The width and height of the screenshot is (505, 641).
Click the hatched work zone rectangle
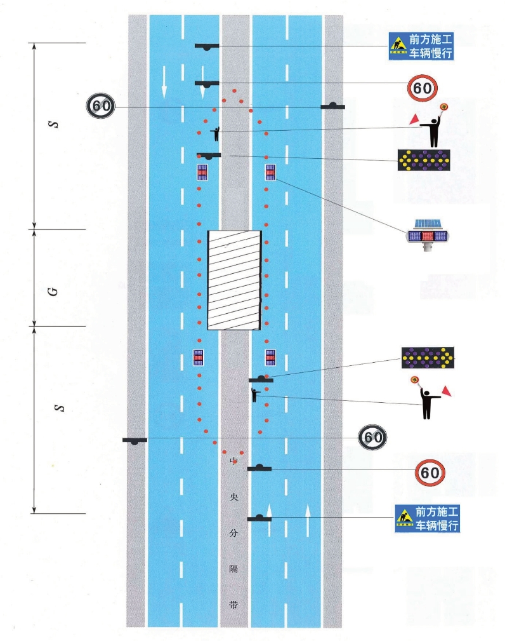tap(235, 280)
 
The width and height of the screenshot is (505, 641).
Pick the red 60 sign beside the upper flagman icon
tap(423, 88)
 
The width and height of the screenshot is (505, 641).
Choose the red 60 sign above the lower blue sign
tap(430, 473)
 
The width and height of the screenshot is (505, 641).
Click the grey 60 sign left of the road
tap(101, 106)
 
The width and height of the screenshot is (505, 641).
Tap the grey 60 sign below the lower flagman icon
tap(373, 437)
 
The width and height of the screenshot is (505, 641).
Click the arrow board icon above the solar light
tap(423, 160)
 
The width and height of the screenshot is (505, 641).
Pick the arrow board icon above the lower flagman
tap(428, 358)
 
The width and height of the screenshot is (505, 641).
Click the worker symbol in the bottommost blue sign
tap(405, 519)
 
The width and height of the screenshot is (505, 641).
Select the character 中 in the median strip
tap(233, 459)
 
